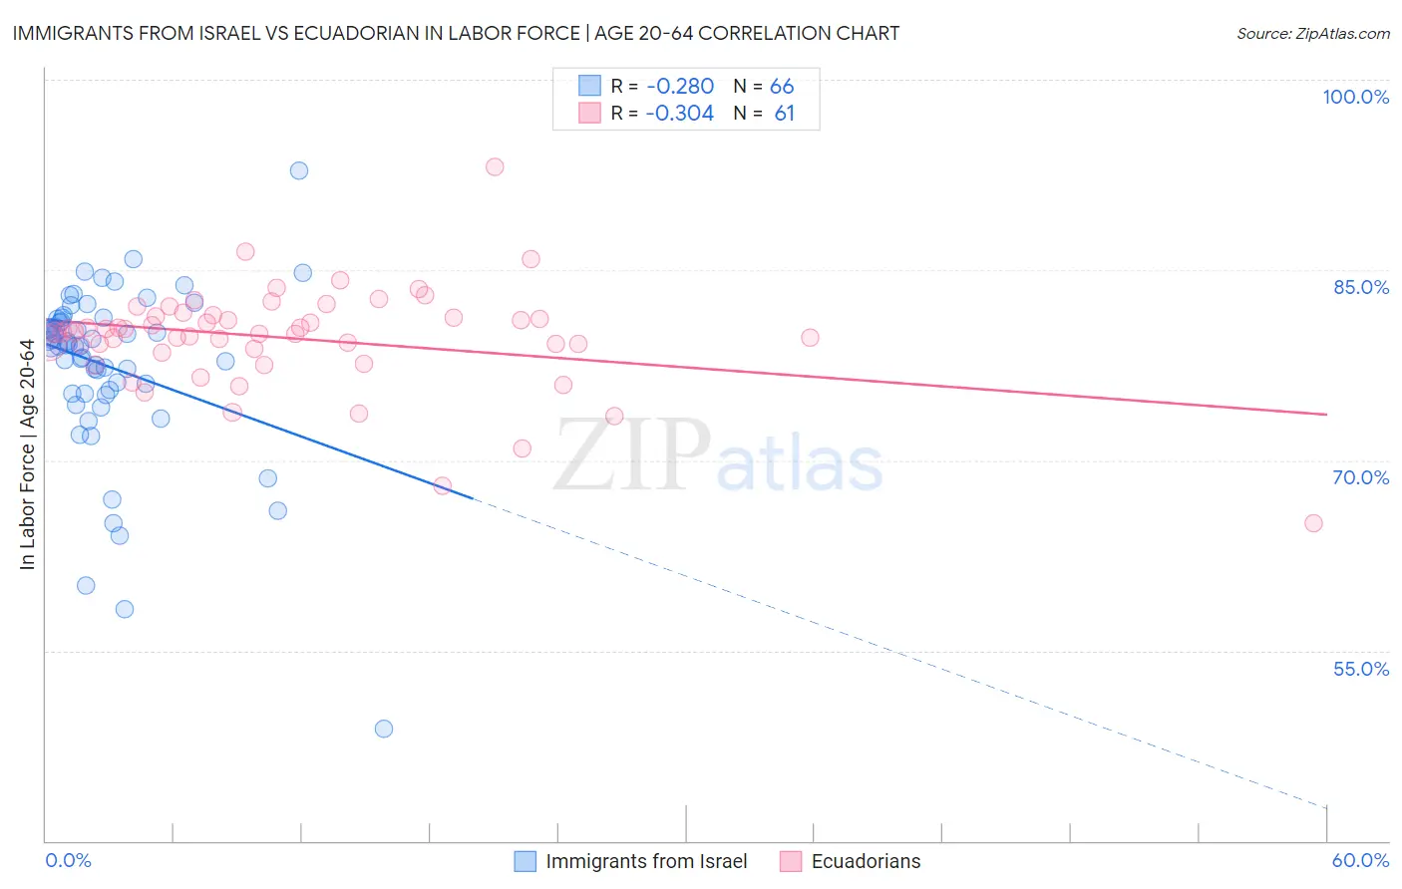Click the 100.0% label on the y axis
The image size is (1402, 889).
[x=1355, y=97]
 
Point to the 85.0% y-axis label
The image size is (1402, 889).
[x=1361, y=287]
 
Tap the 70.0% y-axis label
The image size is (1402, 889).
[x=1361, y=477]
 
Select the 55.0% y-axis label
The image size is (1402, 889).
[x=1361, y=669]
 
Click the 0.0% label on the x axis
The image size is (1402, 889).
[x=68, y=860]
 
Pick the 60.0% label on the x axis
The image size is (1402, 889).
[x=1360, y=860]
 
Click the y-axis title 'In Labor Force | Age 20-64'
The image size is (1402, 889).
[x=27, y=454]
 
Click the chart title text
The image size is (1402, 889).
[x=456, y=33]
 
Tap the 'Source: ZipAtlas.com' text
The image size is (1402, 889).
[x=1312, y=34]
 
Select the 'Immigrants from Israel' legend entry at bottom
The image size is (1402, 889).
[x=646, y=861]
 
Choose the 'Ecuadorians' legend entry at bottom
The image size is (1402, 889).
[x=866, y=861]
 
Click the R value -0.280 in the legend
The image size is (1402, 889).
[x=680, y=87]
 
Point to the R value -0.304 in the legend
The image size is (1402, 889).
[x=680, y=114]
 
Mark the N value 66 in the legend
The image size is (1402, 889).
[x=782, y=87]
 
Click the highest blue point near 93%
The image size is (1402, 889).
[x=299, y=170]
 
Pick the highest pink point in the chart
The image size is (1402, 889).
[x=495, y=166]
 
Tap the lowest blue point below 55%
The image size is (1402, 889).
[x=384, y=729]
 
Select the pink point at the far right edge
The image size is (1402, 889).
[x=1313, y=523]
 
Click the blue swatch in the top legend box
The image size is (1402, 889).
[x=590, y=87]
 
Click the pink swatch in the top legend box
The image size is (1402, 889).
[x=590, y=114]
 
